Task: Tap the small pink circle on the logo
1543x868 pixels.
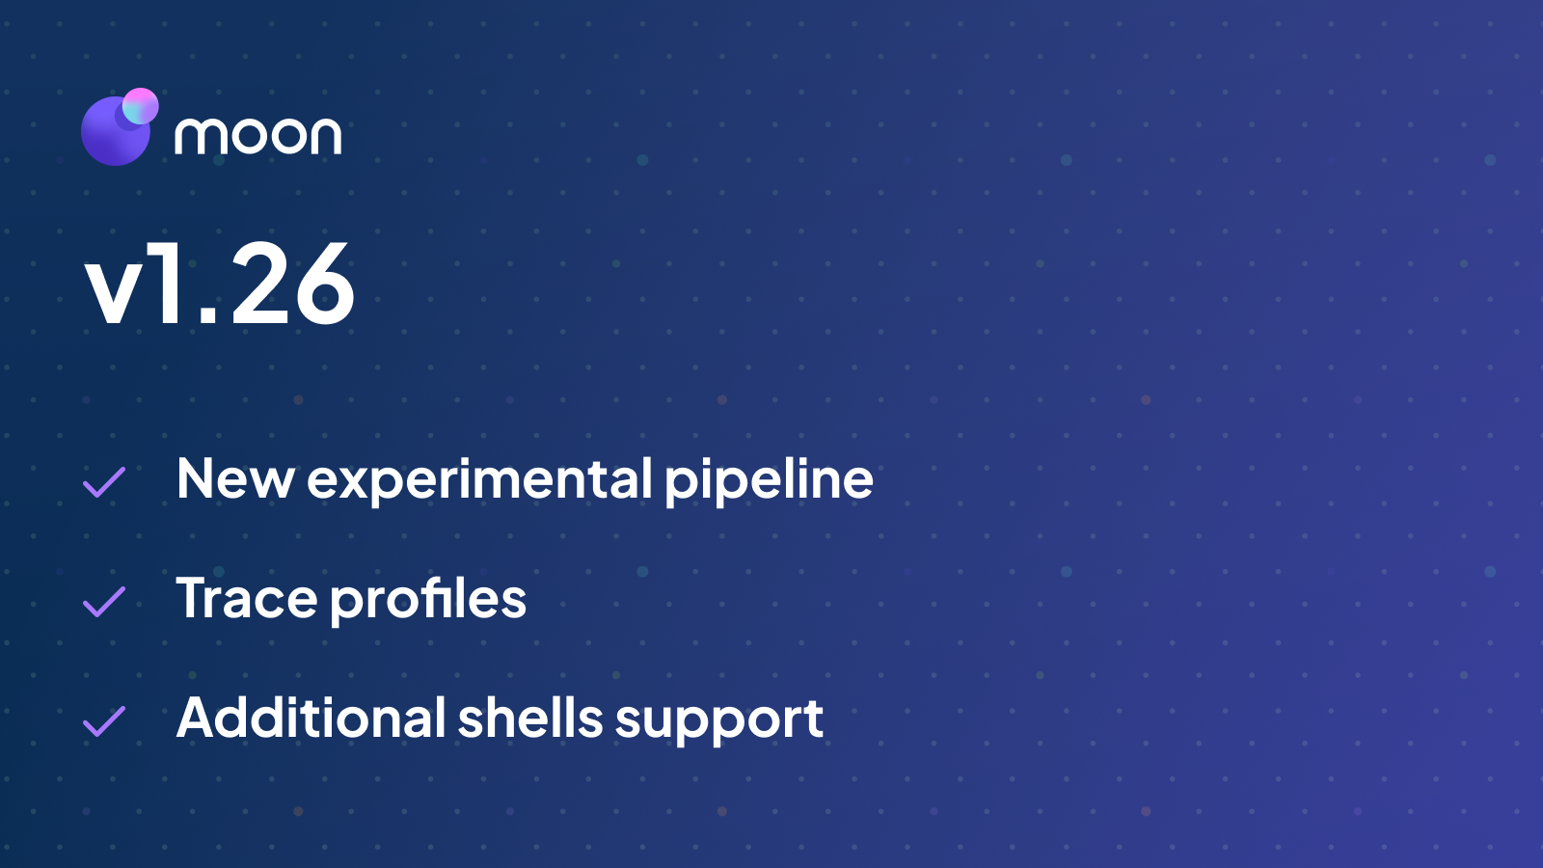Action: click(141, 106)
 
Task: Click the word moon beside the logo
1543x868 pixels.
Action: click(257, 136)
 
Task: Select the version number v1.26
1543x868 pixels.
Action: click(220, 285)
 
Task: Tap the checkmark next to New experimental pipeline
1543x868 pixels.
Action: click(104, 482)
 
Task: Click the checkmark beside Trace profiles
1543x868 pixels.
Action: click(104, 602)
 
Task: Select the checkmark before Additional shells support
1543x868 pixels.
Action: click(104, 721)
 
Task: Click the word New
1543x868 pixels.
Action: click(235, 478)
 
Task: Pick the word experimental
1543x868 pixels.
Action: click(480, 480)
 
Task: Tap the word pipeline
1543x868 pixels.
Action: click(769, 480)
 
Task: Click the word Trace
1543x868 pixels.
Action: click(247, 599)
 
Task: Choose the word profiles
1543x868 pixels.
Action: click(429, 600)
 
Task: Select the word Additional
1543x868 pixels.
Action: click(311, 719)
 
